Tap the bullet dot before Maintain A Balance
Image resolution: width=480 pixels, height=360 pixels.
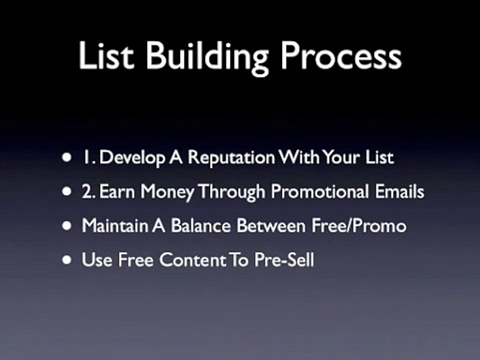66,226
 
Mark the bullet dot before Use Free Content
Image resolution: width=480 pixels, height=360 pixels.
66,260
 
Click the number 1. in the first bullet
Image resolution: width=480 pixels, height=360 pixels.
88,158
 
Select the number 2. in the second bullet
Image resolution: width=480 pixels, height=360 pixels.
88,192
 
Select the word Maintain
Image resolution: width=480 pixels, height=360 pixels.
114,226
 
